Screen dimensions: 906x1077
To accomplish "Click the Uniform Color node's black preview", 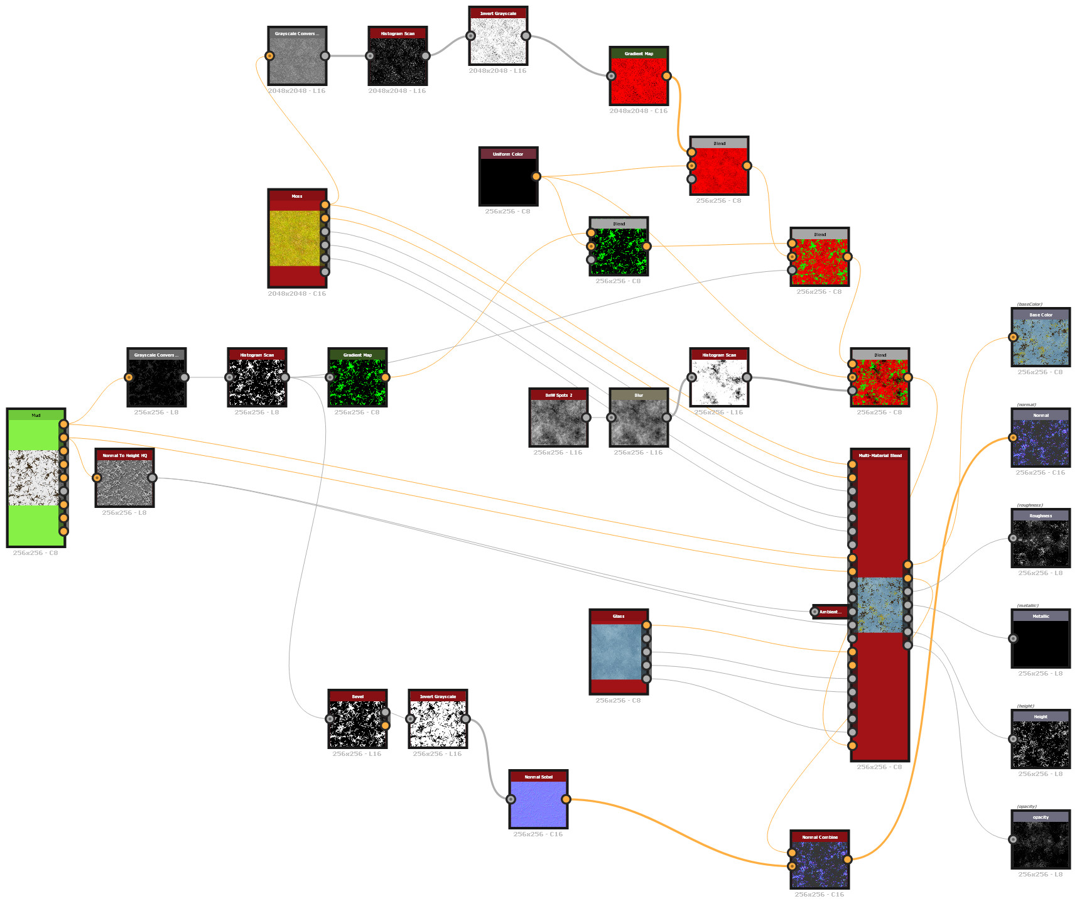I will click(507, 181).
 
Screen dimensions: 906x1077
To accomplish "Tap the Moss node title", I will click(297, 196).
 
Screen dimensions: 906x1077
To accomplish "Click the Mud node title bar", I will click(36, 415).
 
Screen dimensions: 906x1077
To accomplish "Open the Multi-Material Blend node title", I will click(880, 455).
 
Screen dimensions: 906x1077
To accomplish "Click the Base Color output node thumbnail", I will click(1041, 342).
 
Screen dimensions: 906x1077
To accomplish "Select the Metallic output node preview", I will click(1041, 644).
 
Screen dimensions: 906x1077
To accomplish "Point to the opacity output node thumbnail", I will click(1041, 844).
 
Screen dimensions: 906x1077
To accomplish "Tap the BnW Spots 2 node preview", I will click(558, 423).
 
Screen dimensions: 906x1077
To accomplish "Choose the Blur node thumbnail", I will click(639, 423).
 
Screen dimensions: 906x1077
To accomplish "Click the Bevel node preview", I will click(357, 724).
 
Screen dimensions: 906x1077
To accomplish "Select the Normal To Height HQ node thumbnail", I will click(124, 482).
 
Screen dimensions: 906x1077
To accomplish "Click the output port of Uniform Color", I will click(536, 176).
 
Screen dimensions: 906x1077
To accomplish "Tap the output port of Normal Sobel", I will click(566, 799).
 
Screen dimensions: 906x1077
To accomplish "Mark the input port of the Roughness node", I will click(1013, 538).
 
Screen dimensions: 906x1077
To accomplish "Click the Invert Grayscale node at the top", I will click(498, 40).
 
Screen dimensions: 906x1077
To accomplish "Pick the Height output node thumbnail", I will click(1041, 744).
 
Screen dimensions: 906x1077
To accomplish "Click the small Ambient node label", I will click(830, 612).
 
